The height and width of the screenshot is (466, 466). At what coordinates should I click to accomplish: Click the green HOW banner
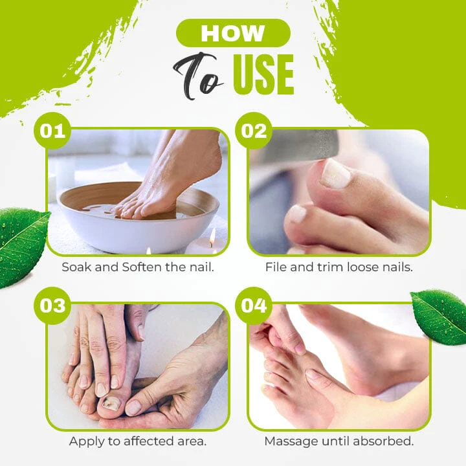pos(232,33)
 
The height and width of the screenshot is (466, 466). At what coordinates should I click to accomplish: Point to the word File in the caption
pos(276,267)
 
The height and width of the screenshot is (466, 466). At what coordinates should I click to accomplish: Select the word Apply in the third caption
pos(85,441)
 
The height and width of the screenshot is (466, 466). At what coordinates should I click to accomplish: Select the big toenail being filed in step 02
pos(335,173)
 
